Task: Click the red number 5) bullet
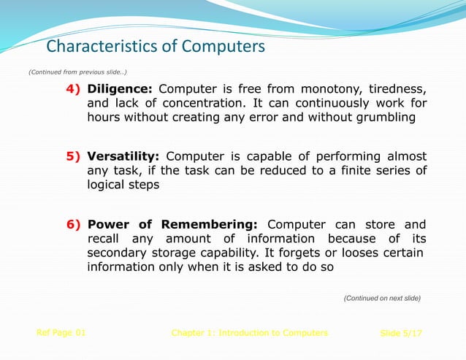75,156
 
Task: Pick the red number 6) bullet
75,224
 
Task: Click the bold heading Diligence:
120,89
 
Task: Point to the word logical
108,185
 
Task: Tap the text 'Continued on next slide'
382,298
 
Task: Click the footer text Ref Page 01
61,332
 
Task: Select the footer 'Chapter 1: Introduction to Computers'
249,333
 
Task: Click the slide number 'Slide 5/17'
401,333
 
